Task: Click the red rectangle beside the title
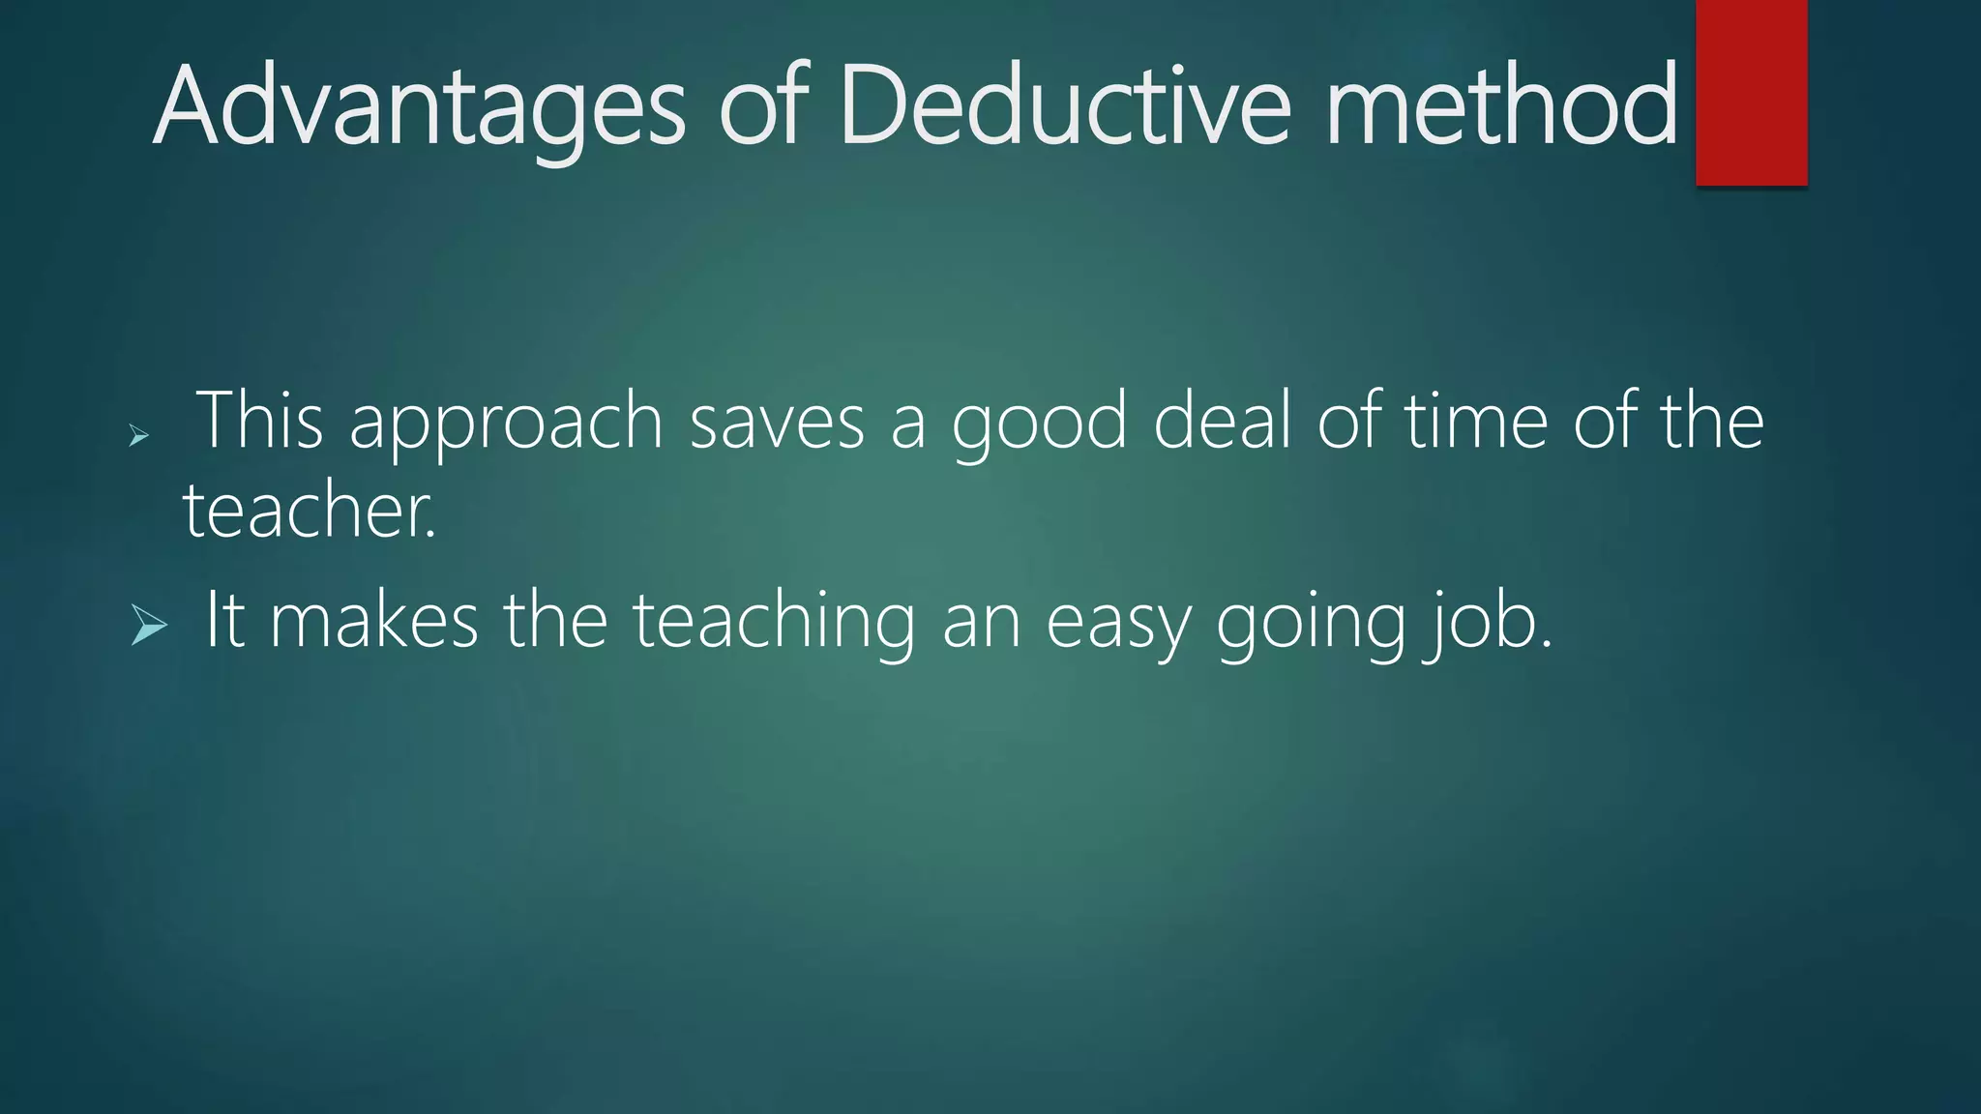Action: coord(1751,92)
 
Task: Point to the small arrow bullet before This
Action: coord(138,436)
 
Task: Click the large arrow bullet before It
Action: coord(149,625)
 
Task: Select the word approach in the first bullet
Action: coord(506,423)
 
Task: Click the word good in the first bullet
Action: coord(1040,423)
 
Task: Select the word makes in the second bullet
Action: coord(374,620)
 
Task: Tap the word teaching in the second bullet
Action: coord(774,622)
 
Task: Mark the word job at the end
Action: coord(1485,622)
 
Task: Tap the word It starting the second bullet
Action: coord(224,620)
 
